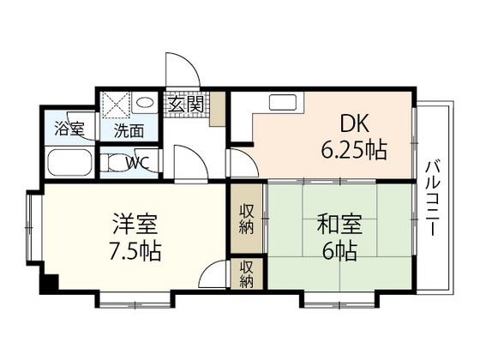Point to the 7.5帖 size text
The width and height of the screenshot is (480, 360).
click(x=133, y=252)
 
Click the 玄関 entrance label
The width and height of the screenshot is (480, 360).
click(x=184, y=105)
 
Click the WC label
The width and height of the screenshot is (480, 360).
click(x=137, y=161)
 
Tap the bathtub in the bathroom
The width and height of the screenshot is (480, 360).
click(x=69, y=163)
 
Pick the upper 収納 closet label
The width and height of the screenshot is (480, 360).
click(x=247, y=219)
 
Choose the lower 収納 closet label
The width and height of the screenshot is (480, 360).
click(x=247, y=273)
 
